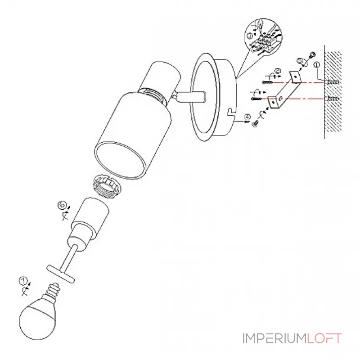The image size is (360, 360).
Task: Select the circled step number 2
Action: (x=277, y=71)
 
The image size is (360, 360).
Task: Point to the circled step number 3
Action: (x=250, y=36)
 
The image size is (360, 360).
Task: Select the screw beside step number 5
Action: (x=310, y=55)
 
